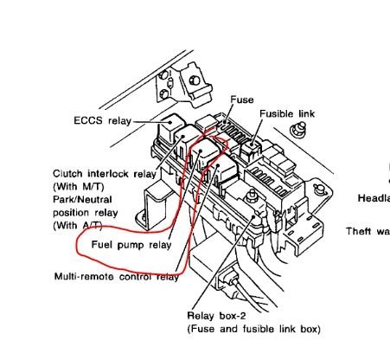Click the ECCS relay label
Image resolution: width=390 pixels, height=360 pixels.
click(x=100, y=122)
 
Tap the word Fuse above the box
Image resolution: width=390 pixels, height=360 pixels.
click(x=242, y=100)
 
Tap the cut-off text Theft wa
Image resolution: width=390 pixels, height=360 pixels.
click(x=367, y=231)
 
